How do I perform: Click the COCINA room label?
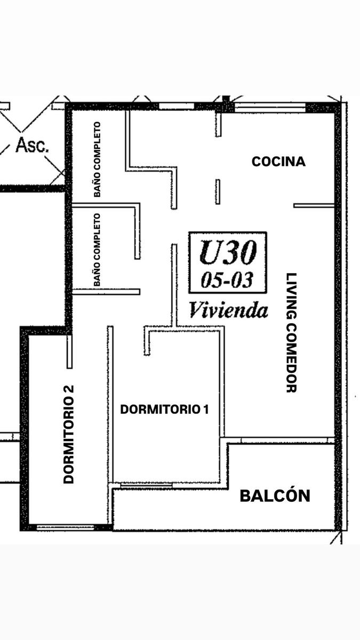tap(278, 162)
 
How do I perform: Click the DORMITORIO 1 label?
tap(165, 409)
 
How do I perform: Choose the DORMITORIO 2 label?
tap(69, 434)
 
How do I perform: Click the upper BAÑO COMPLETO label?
tap(97, 159)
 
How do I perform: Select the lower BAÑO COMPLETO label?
tap(97, 250)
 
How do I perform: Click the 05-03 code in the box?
tap(227, 279)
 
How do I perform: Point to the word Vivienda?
tap(229, 310)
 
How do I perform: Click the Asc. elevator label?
tap(32, 145)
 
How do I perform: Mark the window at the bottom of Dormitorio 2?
tap(66, 527)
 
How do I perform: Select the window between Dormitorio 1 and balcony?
tap(146, 485)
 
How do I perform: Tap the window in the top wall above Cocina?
tap(270, 108)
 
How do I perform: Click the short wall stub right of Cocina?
tap(314, 205)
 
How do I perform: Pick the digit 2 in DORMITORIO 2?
tap(69, 389)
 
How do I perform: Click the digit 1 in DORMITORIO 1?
tap(206, 409)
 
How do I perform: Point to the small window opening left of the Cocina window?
tap(177, 106)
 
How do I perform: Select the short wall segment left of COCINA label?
tap(218, 191)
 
